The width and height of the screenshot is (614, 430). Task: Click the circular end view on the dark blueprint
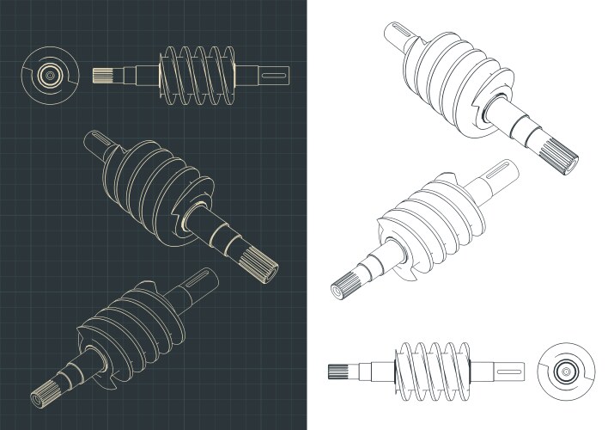pyautogui.click(x=51, y=76)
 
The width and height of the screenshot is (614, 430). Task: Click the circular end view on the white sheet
pyautogui.click(x=566, y=372)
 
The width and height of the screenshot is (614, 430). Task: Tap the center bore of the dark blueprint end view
pyautogui.click(x=51, y=76)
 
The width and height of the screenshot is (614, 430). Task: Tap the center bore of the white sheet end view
pyautogui.click(x=566, y=372)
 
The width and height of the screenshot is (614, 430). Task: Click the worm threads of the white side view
pyautogui.click(x=434, y=372)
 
